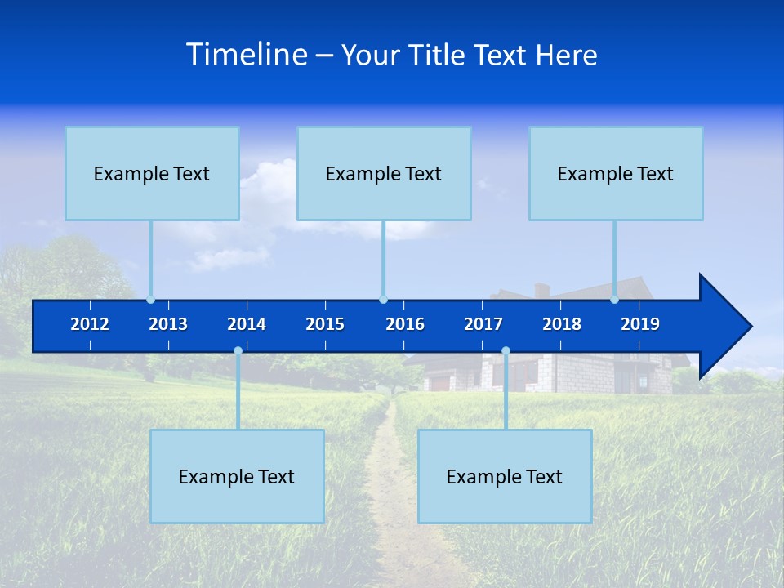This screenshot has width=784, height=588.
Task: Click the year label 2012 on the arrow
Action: pyautogui.click(x=90, y=324)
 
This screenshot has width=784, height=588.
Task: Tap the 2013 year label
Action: pyautogui.click(x=168, y=324)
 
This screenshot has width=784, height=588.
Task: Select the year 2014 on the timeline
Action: pyautogui.click(x=247, y=324)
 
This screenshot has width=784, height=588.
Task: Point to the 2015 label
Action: pyautogui.click(x=325, y=324)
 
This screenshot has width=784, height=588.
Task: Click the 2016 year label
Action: pyautogui.click(x=405, y=324)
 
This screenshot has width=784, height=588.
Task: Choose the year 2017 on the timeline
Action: pyautogui.click(x=483, y=324)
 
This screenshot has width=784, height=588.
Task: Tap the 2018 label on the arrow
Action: pyautogui.click(x=562, y=324)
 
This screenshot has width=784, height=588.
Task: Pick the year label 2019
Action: pyautogui.click(x=640, y=324)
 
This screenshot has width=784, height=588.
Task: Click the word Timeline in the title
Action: pyautogui.click(x=246, y=55)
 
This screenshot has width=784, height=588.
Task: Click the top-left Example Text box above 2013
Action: pyautogui.click(x=152, y=173)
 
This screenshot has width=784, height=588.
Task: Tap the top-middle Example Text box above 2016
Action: pyautogui.click(x=384, y=173)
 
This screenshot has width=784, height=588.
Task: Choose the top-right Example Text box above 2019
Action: pyautogui.click(x=616, y=173)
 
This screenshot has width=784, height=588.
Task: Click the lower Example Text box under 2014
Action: pyautogui.click(x=237, y=476)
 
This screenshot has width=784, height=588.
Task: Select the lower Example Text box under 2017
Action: pyautogui.click(x=505, y=476)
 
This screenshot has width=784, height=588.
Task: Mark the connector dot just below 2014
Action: pyautogui.click(x=238, y=351)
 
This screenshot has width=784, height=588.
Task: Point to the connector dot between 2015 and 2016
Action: pyautogui.click(x=383, y=300)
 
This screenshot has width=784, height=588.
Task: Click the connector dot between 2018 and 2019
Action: pyautogui.click(x=614, y=300)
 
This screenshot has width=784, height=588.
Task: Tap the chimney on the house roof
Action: pyautogui.click(x=541, y=290)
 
